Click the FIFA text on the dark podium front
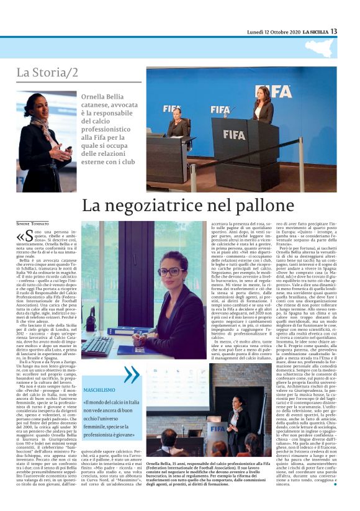[234, 133]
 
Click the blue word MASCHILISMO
[100, 390]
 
